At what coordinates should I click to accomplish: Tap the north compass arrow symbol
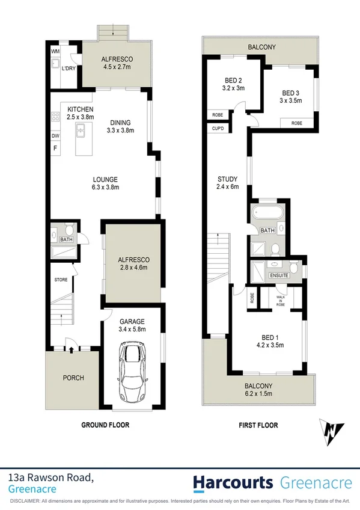332,432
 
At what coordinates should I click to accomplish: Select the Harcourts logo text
232,482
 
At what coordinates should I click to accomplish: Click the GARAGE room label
132,321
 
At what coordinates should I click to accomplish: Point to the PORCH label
74,378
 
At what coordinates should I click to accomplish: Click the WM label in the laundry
55,51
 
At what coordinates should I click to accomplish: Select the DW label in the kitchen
55,136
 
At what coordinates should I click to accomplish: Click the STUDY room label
228,179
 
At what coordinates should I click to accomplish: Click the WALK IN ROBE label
281,300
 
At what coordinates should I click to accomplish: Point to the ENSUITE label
278,275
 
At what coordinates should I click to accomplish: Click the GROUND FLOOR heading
105,425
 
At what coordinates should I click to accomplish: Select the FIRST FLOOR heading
258,425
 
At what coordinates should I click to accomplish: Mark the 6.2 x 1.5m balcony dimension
257,394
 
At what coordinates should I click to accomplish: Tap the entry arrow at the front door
71,348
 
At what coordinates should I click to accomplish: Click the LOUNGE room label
105,179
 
